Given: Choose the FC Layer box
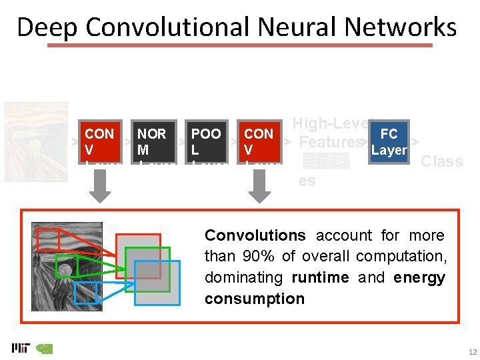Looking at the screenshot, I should click(x=389, y=142).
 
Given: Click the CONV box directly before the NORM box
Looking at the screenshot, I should click(x=101, y=141).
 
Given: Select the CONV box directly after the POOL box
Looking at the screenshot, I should click(x=261, y=141).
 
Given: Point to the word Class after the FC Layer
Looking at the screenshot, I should click(x=441, y=161).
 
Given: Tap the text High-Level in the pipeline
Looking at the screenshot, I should click(x=331, y=124).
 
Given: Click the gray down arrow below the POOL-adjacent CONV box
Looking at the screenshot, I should click(x=260, y=187).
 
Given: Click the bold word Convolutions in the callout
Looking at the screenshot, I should click(x=255, y=235).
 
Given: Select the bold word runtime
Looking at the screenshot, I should click(x=319, y=277).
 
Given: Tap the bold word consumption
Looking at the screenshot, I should click(x=254, y=299).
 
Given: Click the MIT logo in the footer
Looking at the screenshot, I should click(x=20, y=348).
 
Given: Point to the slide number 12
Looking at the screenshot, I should click(x=472, y=352).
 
